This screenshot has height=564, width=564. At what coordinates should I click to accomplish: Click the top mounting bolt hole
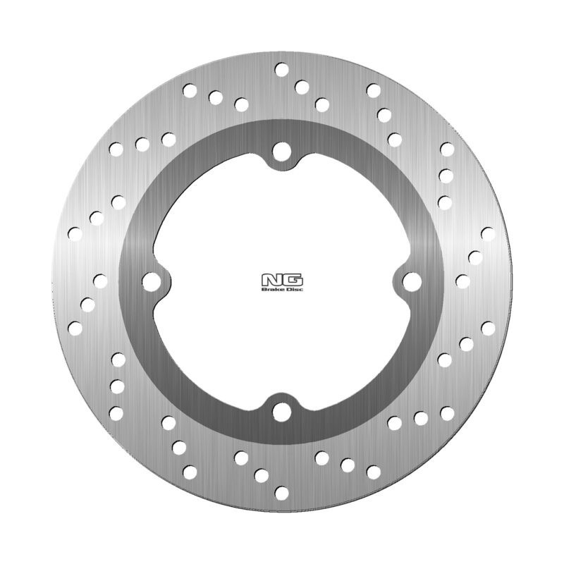(x=281, y=151)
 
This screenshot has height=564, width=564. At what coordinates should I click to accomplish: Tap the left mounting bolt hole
(x=149, y=281)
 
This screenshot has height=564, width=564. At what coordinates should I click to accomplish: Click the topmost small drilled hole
(x=281, y=70)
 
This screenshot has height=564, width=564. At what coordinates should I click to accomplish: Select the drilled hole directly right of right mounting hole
(x=462, y=281)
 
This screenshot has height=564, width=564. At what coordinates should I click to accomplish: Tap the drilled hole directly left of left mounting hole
(x=99, y=281)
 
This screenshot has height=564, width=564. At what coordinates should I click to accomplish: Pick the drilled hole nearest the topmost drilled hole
(x=302, y=87)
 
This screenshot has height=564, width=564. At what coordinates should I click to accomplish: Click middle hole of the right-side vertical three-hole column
(x=446, y=175)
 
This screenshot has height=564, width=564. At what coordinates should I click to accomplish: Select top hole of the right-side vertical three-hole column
(x=446, y=149)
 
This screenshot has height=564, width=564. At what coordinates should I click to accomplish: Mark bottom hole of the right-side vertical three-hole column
(x=444, y=202)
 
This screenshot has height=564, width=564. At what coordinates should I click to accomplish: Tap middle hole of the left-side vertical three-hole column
(x=116, y=386)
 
